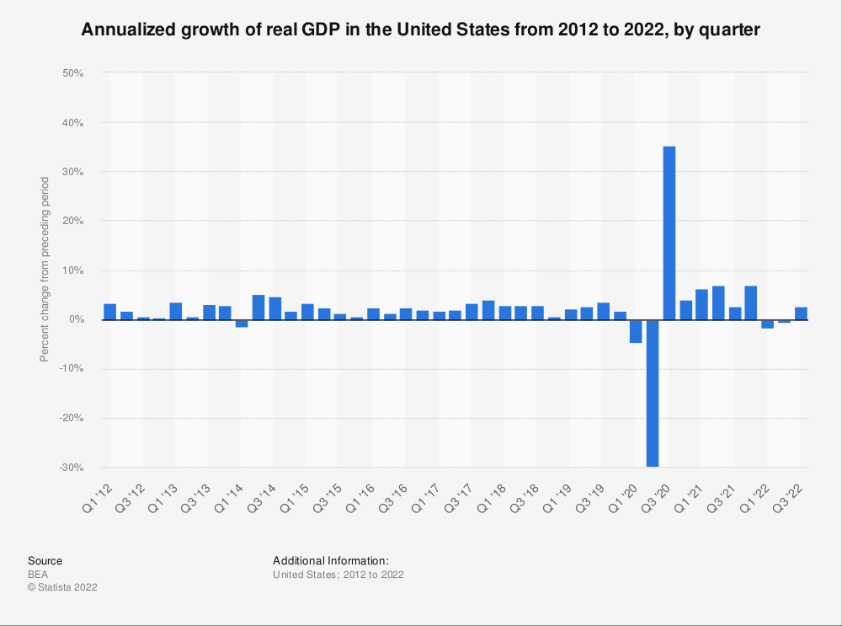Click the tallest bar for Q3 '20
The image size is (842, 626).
pos(669,233)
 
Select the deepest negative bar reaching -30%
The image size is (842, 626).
pos(653,393)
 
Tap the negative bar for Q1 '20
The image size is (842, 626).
pos(636,332)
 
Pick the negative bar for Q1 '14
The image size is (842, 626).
pos(242,324)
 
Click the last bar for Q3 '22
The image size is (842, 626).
pos(801,313)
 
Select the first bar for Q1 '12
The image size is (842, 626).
pos(110,313)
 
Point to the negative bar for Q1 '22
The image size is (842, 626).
pos(767,324)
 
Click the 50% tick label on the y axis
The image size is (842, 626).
pos(73,73)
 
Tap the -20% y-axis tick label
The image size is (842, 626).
pos(72,418)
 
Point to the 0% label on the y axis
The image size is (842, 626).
pos(77,319)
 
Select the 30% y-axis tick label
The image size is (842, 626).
pos(73,172)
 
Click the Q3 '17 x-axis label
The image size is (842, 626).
pos(458,498)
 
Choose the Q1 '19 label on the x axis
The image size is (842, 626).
pos(557,498)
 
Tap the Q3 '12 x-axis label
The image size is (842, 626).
pos(130,498)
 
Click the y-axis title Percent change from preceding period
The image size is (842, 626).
pos(45,270)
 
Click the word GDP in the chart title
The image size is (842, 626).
pos(321,29)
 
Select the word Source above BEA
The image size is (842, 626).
pos(45,561)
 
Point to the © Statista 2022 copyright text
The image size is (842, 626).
pos(63,587)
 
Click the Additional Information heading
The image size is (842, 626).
pos(331,561)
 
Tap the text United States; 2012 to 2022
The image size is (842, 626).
pos(338,575)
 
